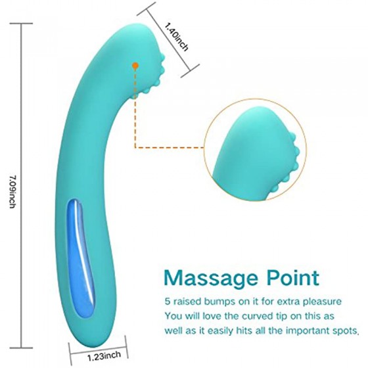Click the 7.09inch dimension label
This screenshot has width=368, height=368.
coord(12,192)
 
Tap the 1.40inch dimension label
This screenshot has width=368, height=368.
coord(177,37)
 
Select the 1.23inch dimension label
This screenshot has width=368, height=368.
coord(104,356)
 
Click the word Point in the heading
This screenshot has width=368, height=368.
coord(293,277)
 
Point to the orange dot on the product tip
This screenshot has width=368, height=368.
coord(135,66)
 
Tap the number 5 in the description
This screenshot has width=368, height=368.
coord(168,302)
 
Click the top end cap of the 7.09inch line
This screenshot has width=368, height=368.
coord(21,24)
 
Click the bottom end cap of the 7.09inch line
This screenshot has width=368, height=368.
coord(21,348)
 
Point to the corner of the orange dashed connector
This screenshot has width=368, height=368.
coord(135,148)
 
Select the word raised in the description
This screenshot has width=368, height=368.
coord(187,302)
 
